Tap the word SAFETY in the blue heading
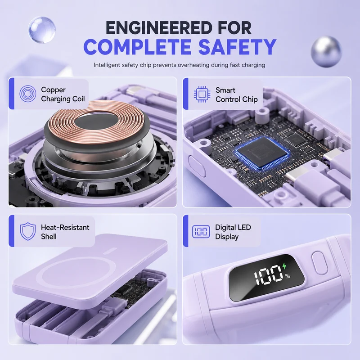(x=237, y=47)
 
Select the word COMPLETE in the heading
(x=137, y=47)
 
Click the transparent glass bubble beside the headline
(x=42, y=29)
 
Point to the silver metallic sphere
(x=326, y=51)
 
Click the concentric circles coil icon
(x=28, y=94)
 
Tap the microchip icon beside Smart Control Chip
(x=202, y=94)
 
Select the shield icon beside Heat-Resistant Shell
(x=28, y=231)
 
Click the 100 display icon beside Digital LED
(x=201, y=231)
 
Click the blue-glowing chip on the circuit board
(x=262, y=152)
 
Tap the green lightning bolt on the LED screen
(x=284, y=266)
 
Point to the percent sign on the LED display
(x=288, y=276)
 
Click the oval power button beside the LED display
(x=320, y=263)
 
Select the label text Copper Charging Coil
(x=63, y=94)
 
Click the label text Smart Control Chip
(x=237, y=94)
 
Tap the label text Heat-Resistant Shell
(x=65, y=232)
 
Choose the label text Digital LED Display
(x=233, y=232)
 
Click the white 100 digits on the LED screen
(x=268, y=275)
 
